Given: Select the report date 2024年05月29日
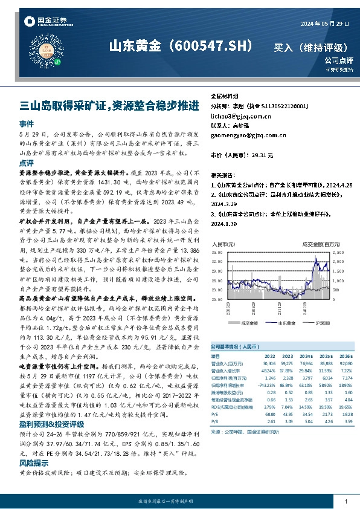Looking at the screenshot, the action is tap(325, 23).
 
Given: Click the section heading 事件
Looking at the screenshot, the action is tap(26, 123).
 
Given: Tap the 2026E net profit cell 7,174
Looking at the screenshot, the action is tap(345, 377).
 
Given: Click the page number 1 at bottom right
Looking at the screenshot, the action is tap(346, 502).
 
